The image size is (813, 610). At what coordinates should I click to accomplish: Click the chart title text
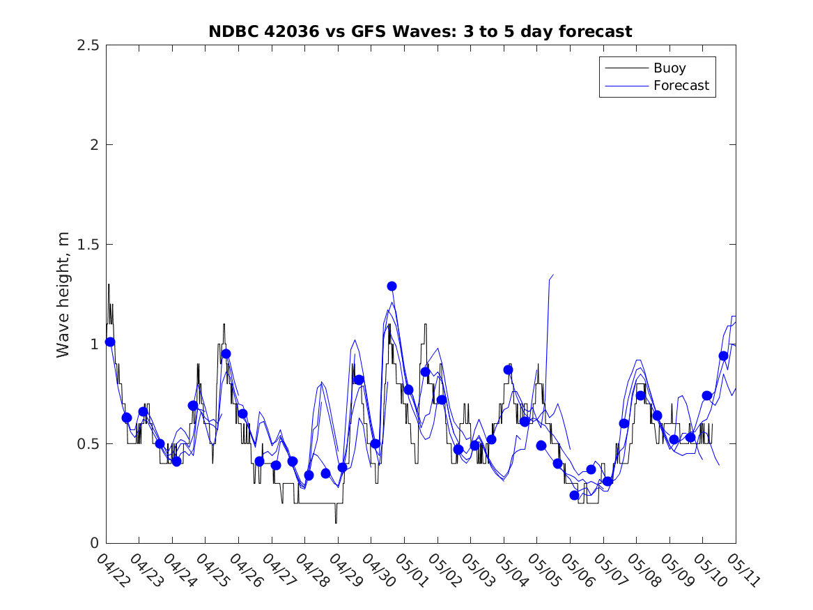(420, 31)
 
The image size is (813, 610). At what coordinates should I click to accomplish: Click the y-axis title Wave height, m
(63, 295)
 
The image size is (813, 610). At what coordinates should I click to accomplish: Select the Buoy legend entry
(646, 68)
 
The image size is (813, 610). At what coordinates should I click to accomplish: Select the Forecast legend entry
(657, 86)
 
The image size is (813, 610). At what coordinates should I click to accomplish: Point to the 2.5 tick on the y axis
(88, 45)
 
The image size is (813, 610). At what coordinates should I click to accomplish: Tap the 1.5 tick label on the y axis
(88, 244)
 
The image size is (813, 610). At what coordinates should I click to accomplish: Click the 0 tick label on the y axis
(94, 543)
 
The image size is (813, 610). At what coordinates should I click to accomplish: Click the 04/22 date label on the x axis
(113, 570)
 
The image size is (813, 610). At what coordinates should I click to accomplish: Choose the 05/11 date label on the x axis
(743, 570)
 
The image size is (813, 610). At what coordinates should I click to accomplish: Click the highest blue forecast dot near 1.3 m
(392, 287)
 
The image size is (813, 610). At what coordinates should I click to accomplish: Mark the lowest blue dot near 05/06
(574, 496)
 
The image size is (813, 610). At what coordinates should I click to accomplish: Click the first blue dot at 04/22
(110, 342)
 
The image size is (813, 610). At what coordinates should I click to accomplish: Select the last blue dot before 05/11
(723, 356)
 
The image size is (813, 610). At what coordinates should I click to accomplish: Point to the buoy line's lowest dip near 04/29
(336, 523)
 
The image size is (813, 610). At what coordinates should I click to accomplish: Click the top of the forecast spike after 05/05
(553, 275)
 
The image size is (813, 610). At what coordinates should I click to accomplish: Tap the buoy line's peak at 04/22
(109, 284)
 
